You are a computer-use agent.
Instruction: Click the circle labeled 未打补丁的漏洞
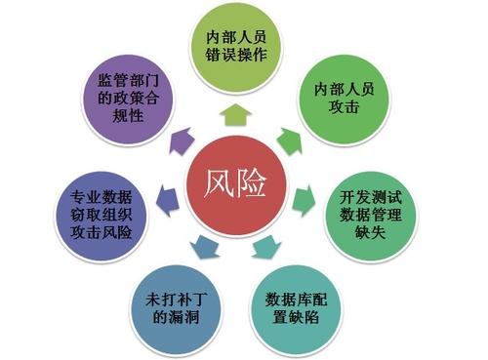[x=172, y=306]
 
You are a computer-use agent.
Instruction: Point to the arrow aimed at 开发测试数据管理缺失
[x=306, y=200]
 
